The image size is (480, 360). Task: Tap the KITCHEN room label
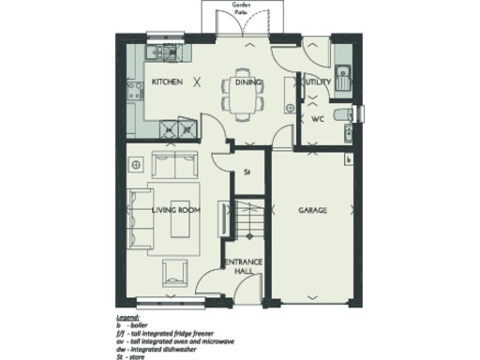pyautogui.click(x=166, y=82)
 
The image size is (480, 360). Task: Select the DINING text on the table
pyautogui.click(x=248, y=82)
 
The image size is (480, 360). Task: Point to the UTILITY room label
pyautogui.click(x=316, y=82)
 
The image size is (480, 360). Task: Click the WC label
pyautogui.click(x=317, y=118)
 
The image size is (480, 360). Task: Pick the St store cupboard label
pyautogui.click(x=247, y=172)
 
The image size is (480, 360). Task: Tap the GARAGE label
pyautogui.click(x=312, y=211)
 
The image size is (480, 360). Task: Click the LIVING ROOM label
pyautogui.click(x=176, y=211)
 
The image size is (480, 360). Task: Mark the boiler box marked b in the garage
pyautogui.click(x=349, y=161)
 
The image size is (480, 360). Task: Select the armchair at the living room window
pyautogui.click(x=172, y=274)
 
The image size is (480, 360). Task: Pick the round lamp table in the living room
pyautogui.click(x=138, y=165)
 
